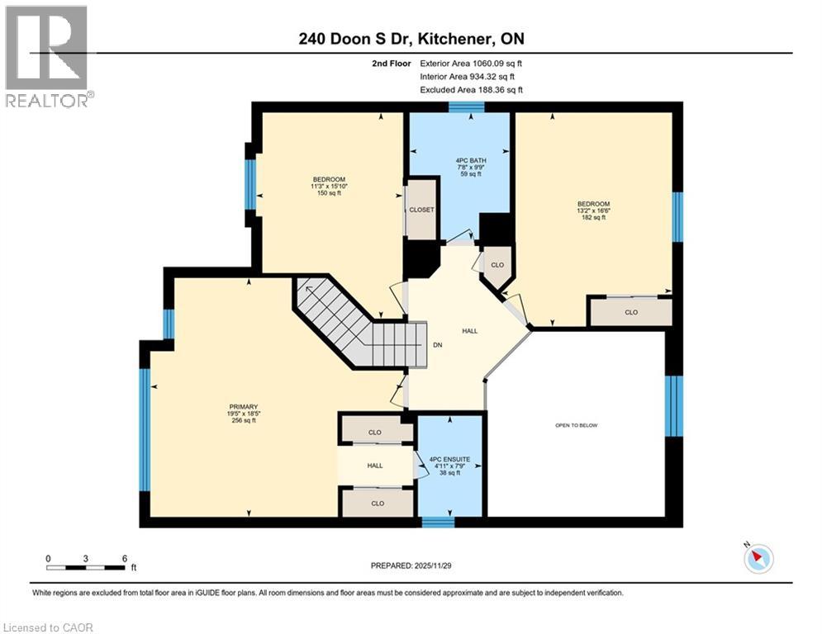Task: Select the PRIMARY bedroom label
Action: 245,407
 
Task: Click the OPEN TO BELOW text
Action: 576,425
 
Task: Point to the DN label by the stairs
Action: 438,345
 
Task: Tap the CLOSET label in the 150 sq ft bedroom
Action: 421,211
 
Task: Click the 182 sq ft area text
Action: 593,217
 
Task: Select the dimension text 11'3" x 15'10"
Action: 329,186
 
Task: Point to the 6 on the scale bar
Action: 124,558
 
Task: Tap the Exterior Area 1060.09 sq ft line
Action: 471,63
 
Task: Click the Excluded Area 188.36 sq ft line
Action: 471,90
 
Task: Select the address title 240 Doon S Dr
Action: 363,39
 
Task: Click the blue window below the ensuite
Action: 438,522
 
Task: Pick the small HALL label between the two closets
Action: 375,466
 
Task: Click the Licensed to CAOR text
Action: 48,627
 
